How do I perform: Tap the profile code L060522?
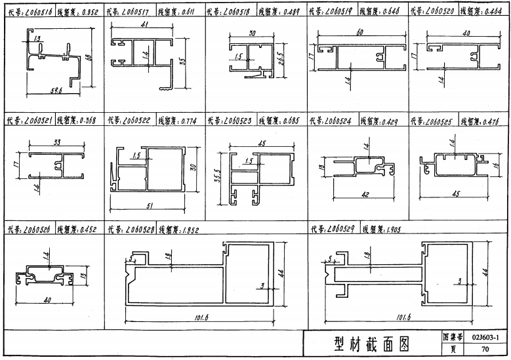click(136, 121)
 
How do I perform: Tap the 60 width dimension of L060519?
click(359, 33)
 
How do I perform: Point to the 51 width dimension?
click(150, 206)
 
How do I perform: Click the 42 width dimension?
click(365, 195)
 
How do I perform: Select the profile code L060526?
click(36, 230)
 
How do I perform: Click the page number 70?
click(485, 350)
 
